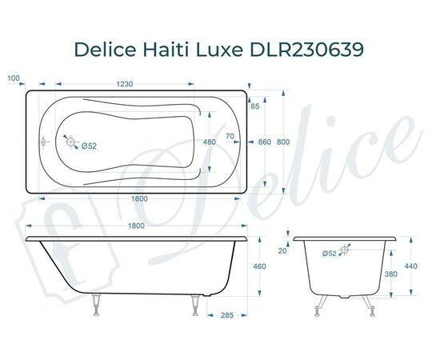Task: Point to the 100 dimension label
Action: point(13,78)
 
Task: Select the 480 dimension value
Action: point(210,142)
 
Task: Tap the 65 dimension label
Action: point(254,106)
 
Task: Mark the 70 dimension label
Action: point(230,137)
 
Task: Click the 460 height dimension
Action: point(260,266)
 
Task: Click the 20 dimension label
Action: point(282,251)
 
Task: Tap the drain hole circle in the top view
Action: point(73,144)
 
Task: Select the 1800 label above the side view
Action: point(136,227)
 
